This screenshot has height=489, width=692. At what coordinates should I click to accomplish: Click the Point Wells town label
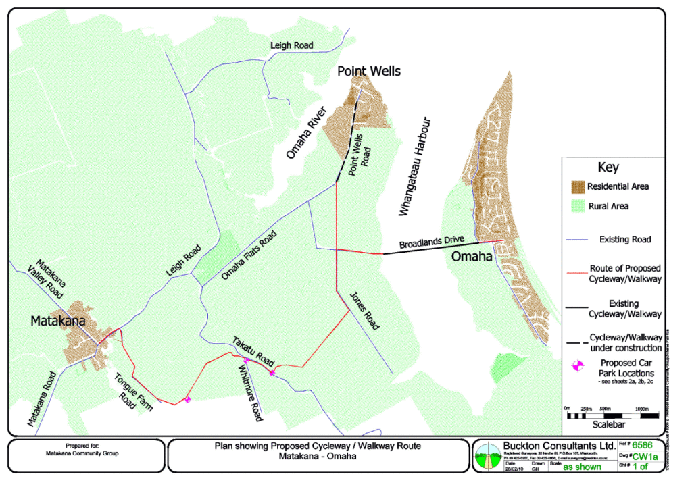tap(369, 71)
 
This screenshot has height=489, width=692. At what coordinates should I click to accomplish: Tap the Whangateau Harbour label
tap(414, 168)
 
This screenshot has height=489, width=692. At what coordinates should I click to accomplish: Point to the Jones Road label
tap(364, 311)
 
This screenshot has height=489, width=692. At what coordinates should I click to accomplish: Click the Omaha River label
tap(305, 132)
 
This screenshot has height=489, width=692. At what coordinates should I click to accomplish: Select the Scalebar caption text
tap(610, 427)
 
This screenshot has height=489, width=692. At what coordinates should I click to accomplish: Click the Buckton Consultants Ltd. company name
tap(559, 446)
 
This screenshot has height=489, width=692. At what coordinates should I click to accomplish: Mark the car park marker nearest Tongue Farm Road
tap(187, 399)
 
